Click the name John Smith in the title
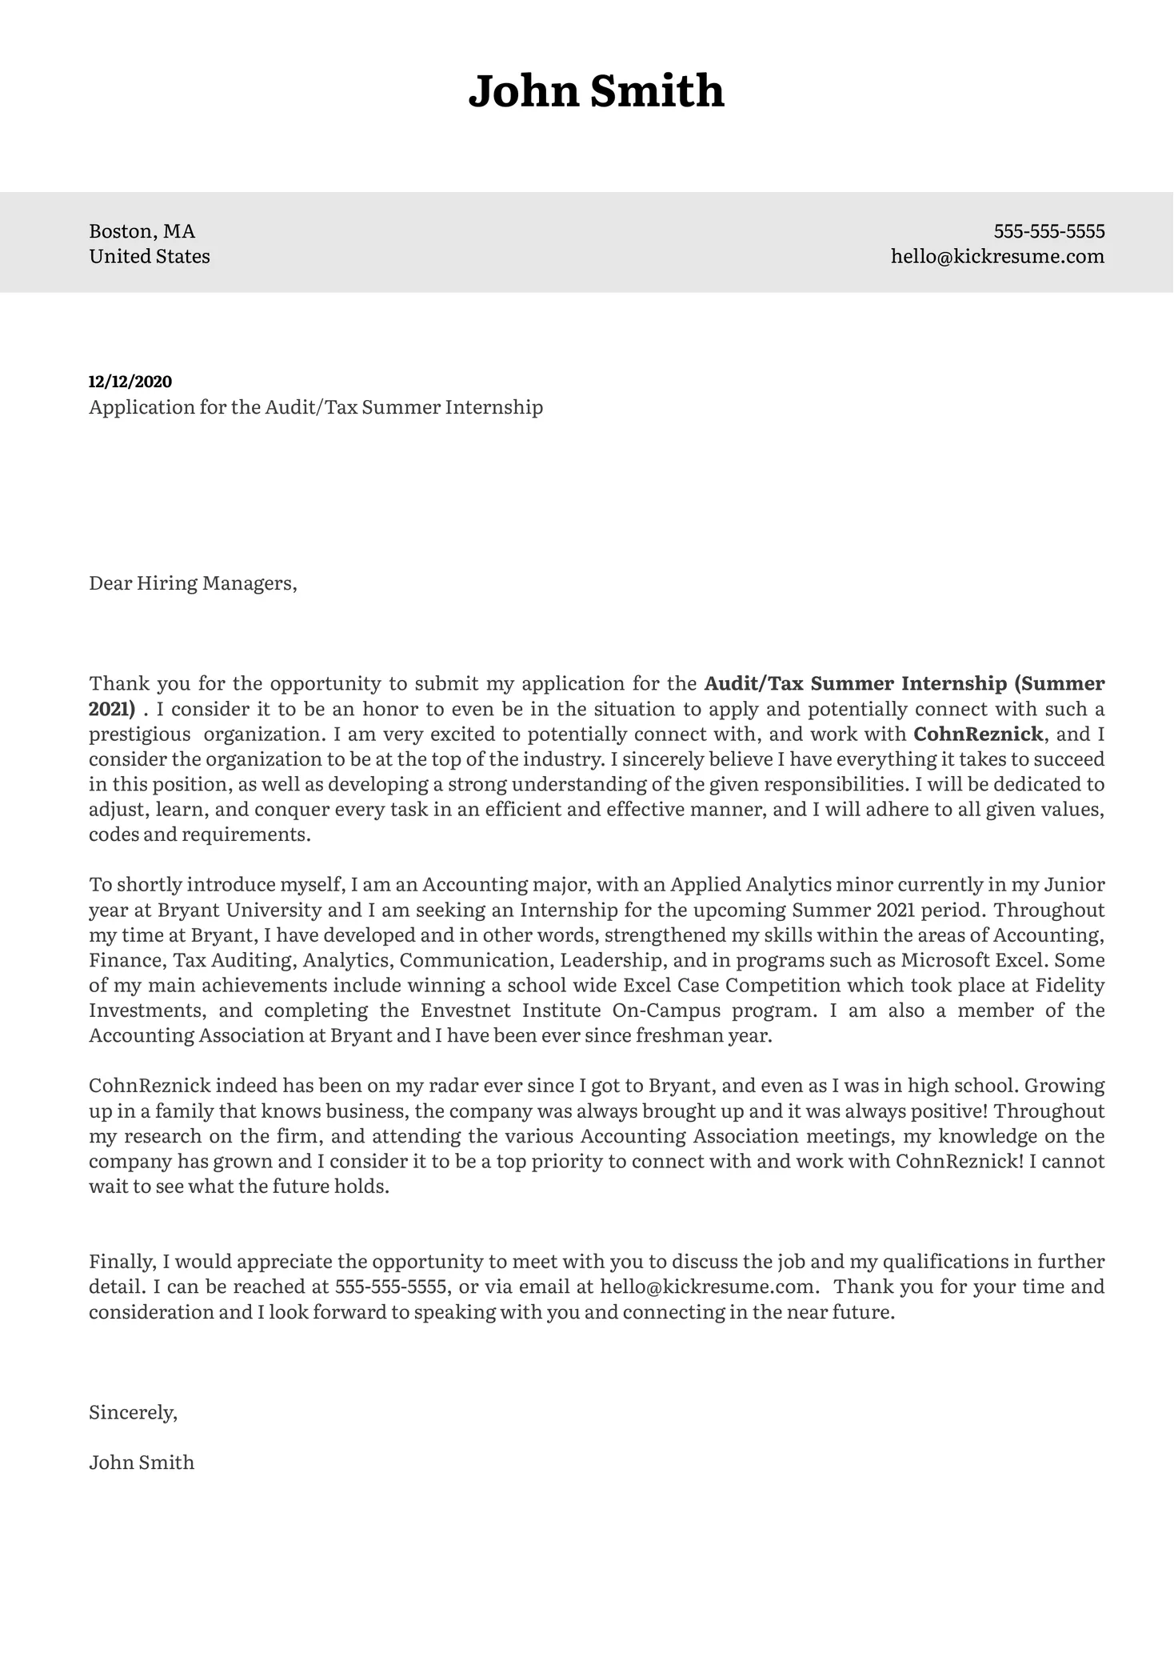(596, 91)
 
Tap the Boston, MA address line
(142, 231)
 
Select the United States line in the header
(150, 257)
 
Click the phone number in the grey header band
(1048, 231)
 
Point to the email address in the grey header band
(997, 257)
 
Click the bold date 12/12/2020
(130, 382)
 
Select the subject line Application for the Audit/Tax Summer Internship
(316, 407)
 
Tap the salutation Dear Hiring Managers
(193, 583)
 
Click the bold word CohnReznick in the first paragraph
(978, 734)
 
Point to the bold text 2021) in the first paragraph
(112, 709)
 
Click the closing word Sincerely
(133, 1412)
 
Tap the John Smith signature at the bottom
(142, 1463)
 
